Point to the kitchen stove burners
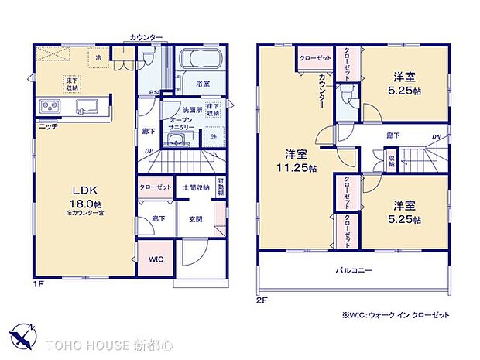(46, 105)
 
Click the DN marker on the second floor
(436, 137)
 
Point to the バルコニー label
(355, 271)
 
